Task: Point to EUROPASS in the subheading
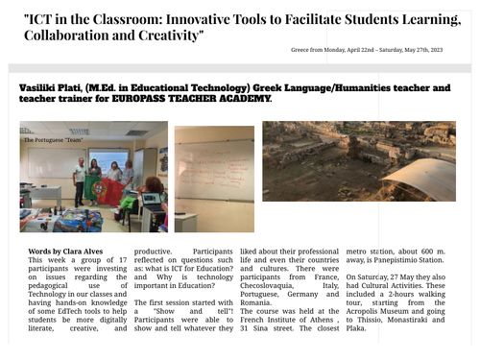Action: (x=140, y=100)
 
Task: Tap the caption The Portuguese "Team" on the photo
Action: (x=54, y=140)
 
